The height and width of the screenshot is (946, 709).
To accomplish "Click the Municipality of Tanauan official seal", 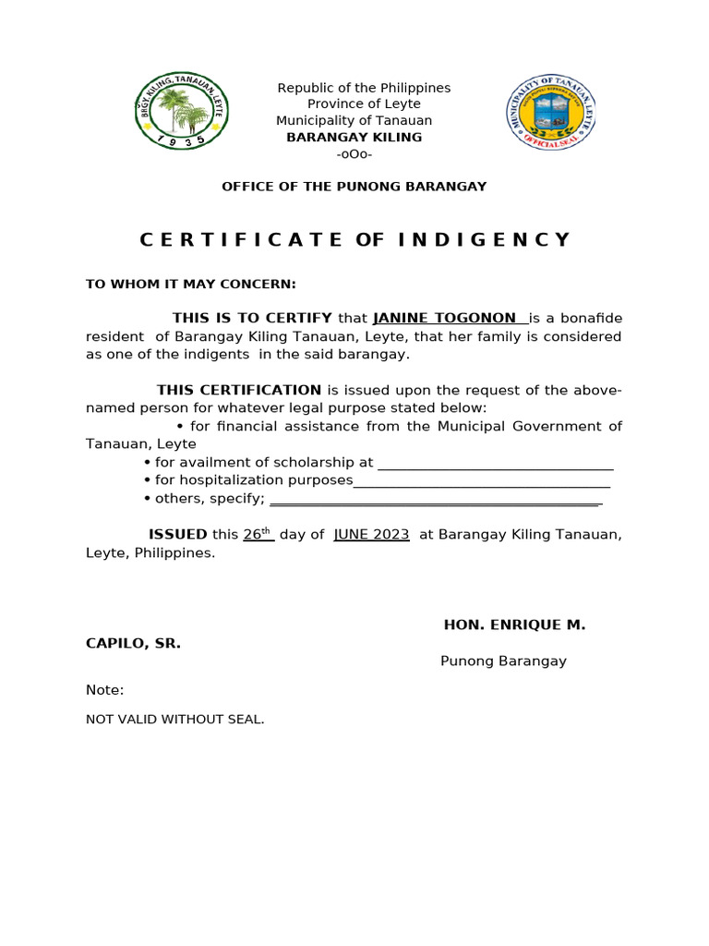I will tap(551, 112).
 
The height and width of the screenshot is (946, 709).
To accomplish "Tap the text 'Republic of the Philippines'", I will tap(365, 88).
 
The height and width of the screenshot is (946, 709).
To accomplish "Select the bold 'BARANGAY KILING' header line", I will tap(354, 138).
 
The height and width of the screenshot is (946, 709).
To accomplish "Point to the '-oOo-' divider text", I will tap(354, 154).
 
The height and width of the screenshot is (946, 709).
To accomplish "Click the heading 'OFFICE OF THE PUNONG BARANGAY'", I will tap(354, 187).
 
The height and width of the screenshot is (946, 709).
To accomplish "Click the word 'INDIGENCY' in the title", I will tap(486, 240).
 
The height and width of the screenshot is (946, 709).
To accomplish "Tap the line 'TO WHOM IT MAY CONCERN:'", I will tap(191, 284).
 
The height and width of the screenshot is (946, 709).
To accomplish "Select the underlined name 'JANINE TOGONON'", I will tap(444, 319).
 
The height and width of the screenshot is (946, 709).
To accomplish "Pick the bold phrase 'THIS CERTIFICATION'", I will tap(239, 390).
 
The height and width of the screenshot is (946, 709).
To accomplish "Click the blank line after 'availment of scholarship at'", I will tap(496, 462).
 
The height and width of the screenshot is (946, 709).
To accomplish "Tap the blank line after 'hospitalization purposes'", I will tap(482, 480).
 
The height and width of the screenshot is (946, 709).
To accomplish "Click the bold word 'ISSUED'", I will tap(178, 535).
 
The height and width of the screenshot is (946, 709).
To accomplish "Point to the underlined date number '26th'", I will tap(258, 534).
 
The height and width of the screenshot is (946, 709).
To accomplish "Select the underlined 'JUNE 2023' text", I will tap(371, 535).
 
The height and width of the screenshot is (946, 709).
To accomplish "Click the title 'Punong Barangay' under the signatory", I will tap(503, 661).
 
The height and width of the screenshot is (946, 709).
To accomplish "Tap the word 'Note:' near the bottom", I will tap(105, 690).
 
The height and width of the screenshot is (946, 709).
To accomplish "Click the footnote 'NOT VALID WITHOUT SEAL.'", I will tap(175, 719).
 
